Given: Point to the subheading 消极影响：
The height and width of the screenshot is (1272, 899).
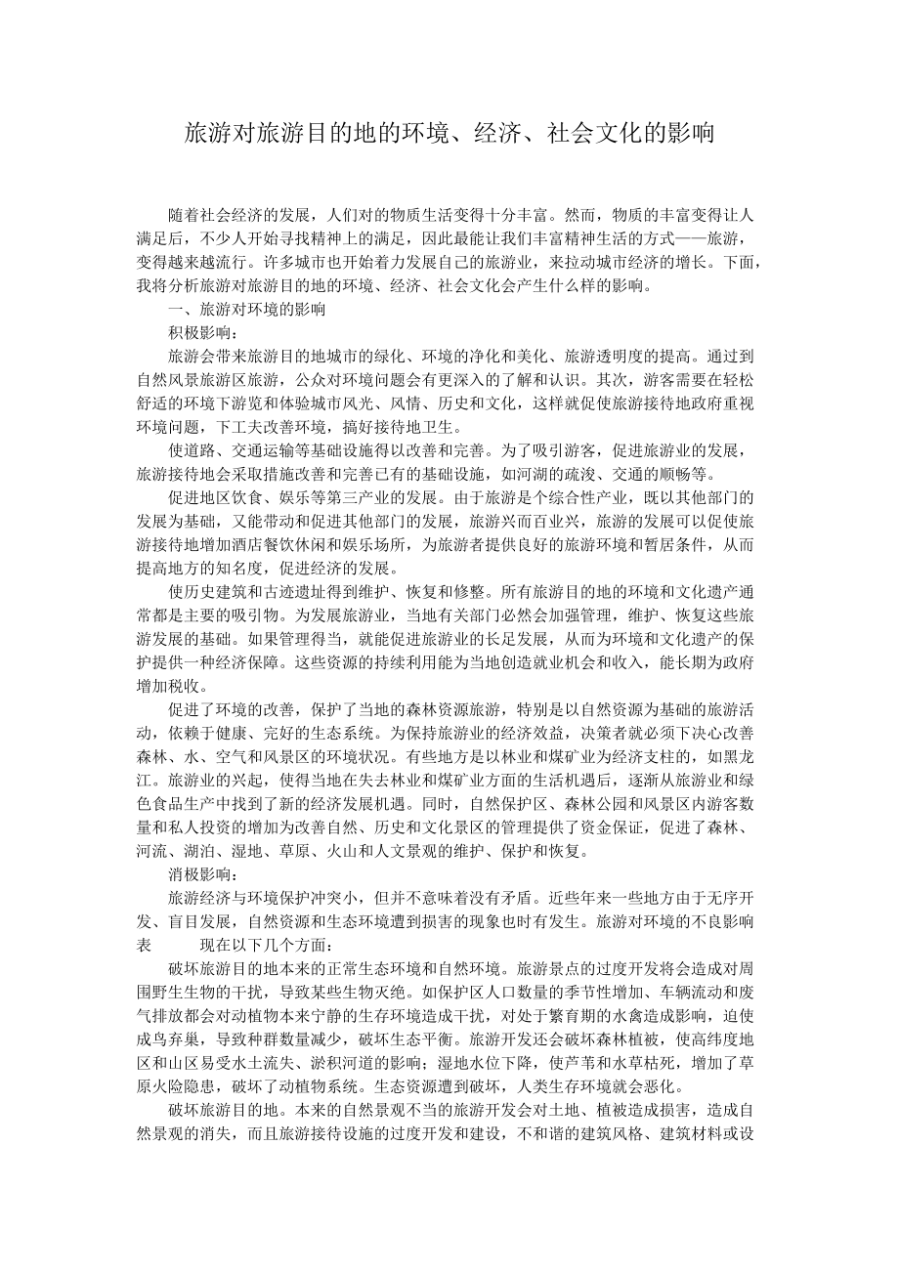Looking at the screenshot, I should pos(195,874).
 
